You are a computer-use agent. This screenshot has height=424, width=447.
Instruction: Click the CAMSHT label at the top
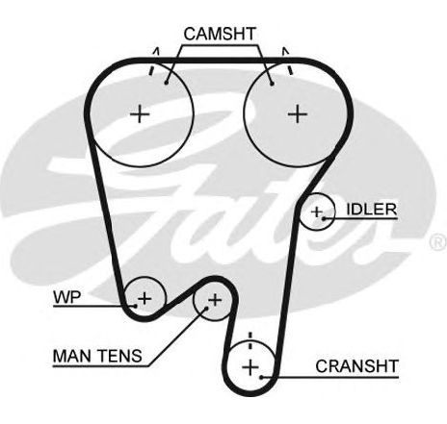220,34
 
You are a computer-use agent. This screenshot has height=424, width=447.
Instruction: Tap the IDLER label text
372,210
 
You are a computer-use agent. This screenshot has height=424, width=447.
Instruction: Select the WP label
67,297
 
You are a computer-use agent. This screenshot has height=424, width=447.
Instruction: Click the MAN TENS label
97,356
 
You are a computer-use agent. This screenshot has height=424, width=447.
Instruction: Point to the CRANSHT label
356,366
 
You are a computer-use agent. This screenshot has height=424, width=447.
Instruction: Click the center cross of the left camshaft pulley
140,113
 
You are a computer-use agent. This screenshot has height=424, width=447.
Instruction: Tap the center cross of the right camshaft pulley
298,113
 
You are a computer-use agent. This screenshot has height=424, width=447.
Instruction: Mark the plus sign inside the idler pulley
317,212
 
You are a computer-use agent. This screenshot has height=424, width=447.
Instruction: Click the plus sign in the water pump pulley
145,298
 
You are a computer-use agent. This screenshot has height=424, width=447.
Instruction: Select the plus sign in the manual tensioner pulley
215,300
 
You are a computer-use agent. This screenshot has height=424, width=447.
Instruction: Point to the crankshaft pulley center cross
250,367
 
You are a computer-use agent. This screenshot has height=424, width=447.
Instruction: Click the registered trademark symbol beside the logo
438,242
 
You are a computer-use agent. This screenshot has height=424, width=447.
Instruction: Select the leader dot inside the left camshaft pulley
166,83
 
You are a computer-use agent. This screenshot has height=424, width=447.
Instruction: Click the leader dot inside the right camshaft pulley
272,84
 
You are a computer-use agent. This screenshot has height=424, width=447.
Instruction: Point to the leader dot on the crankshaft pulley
262,377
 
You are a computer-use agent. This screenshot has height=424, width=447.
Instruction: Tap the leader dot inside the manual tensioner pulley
206,309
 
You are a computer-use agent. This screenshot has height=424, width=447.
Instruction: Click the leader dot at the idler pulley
324,218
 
